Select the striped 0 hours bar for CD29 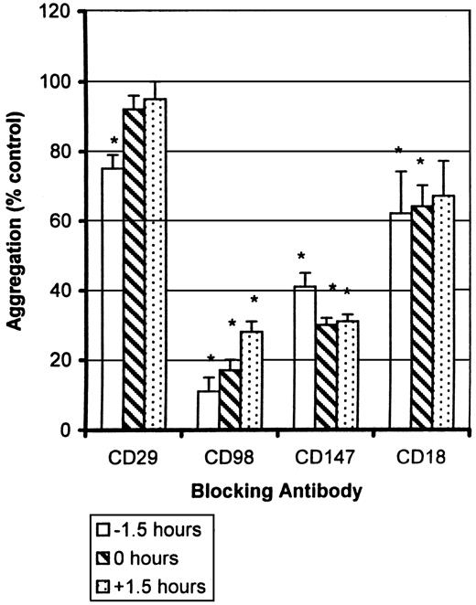(x=134, y=270)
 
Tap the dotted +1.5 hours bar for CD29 (x=156, y=264)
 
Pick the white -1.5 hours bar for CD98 (x=209, y=410)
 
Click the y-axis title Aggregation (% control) (x=16, y=219)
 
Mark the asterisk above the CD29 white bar (x=114, y=141)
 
